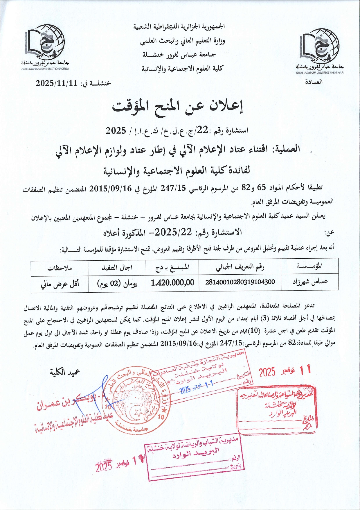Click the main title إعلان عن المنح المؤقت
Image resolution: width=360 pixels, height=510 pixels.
tap(178, 107)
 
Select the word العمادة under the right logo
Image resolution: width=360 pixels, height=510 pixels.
tap(314, 82)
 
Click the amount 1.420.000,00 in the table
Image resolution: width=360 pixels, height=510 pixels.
tap(172, 282)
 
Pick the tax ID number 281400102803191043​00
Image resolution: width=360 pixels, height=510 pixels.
tap(240, 282)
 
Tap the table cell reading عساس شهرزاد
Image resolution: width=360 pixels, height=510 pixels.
tap(310, 282)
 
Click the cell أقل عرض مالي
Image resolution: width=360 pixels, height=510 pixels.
tap(60, 284)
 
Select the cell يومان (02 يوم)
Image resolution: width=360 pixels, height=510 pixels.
tap(117, 283)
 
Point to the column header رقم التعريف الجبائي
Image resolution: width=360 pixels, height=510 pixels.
tap(240, 267)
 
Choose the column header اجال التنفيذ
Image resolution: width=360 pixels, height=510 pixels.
tap(117, 267)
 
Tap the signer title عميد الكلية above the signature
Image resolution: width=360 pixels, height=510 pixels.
tap(65, 372)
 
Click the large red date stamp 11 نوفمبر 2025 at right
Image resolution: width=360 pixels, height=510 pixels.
tap(285, 371)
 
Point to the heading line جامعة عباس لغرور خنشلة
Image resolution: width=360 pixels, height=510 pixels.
tap(179, 54)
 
